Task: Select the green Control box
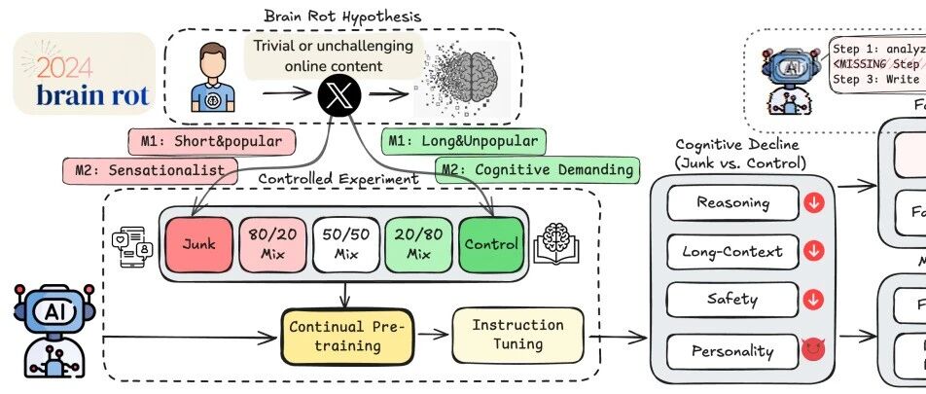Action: click(491, 244)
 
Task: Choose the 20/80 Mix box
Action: click(416, 244)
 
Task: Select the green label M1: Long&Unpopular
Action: click(464, 142)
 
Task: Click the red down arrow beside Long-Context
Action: click(815, 251)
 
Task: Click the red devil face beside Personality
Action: click(814, 350)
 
